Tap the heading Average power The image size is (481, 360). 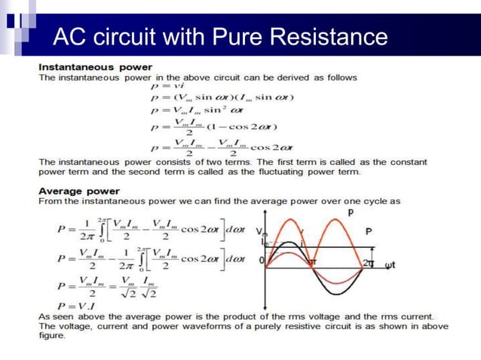tap(78, 191)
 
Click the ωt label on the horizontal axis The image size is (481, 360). tap(390, 264)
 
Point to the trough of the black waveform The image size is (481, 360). tap(342, 287)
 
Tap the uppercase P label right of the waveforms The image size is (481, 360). tap(368, 232)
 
